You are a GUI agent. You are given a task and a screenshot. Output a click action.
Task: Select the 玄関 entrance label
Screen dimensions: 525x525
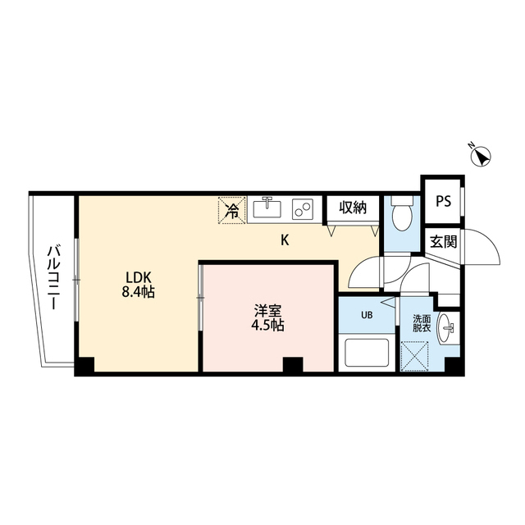tap(444, 242)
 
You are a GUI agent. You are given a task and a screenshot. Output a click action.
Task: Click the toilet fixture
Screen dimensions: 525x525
tap(402, 215)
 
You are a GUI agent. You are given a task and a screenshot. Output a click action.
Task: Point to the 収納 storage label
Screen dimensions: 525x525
tap(350, 208)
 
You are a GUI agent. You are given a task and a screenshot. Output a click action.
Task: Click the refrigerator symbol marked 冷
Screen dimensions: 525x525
tap(232, 210)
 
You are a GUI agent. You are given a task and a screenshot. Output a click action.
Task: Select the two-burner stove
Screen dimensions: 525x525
tap(303, 209)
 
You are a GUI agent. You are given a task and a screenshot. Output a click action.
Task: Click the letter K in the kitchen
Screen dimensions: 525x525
tap(285, 240)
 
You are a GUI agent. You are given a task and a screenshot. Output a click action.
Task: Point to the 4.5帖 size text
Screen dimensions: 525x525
tap(268, 325)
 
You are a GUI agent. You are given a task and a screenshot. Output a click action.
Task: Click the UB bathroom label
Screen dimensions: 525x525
tap(367, 315)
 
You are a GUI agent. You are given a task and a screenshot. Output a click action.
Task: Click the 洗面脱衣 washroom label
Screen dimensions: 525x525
tap(421, 322)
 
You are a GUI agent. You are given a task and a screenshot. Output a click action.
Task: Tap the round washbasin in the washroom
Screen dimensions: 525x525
tap(448, 330)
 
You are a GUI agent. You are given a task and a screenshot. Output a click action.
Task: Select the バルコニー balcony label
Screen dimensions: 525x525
tap(51, 279)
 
